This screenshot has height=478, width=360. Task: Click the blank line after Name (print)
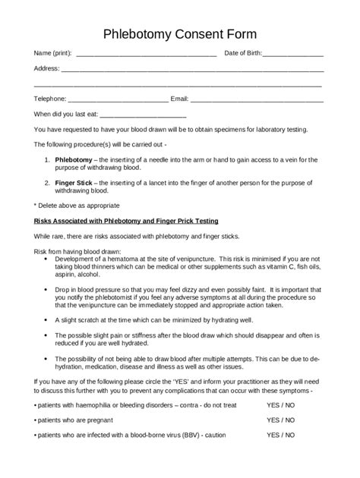[x=147, y=55]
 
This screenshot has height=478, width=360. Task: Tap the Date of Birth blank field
[x=294, y=55]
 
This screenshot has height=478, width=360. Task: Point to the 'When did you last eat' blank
[x=144, y=115]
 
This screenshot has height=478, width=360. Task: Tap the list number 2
[x=48, y=183]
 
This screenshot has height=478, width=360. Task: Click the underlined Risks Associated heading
[x=126, y=221]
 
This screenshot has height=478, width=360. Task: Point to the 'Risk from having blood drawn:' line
[x=78, y=252]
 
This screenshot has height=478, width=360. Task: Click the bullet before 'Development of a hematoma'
[x=47, y=259]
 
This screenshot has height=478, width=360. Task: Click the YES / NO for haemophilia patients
[x=281, y=406]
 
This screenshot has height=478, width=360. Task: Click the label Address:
[x=46, y=68]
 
